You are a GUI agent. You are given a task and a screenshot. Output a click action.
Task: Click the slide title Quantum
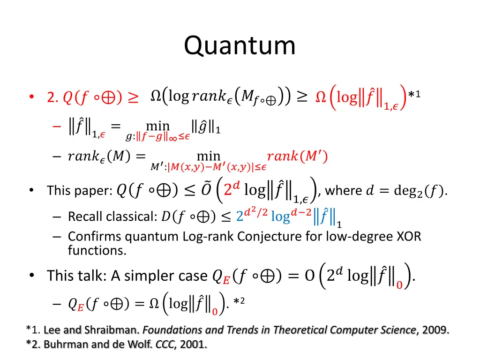pos(240,46)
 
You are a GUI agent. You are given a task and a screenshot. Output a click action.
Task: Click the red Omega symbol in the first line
pos(321,97)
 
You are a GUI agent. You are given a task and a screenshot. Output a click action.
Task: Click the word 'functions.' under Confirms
pos(97,251)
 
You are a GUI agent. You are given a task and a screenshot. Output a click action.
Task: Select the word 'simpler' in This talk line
pos(155,276)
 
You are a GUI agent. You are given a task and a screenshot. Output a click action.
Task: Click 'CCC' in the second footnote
pos(165,345)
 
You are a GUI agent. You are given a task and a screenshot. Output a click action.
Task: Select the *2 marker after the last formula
pos(239,302)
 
